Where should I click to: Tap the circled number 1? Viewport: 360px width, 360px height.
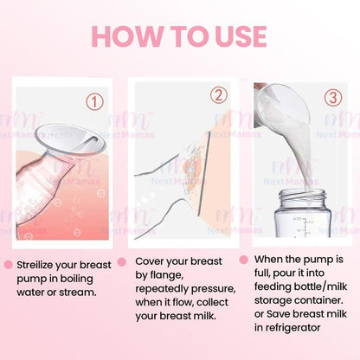[93, 101]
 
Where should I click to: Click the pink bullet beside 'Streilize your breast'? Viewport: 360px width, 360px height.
[8, 265]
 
